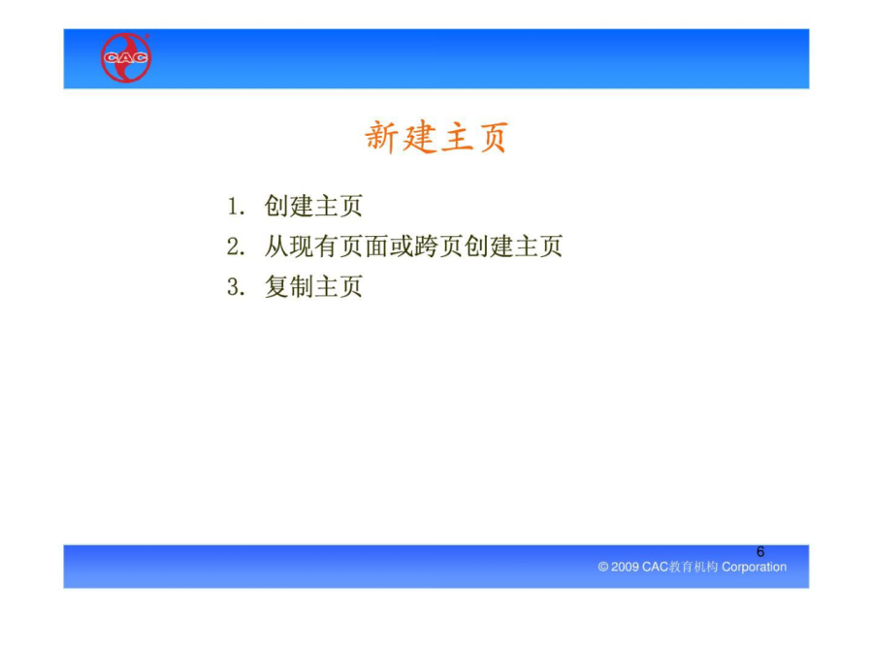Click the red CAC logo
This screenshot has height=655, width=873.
[126, 57]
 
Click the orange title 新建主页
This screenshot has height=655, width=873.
[436, 137]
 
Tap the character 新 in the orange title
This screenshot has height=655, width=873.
[381, 137]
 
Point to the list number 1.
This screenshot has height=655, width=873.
[236, 206]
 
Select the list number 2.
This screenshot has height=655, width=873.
[236, 246]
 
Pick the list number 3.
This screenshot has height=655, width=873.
[236, 287]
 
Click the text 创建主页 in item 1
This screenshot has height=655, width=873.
[313, 206]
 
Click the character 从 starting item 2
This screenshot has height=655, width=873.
[276, 246]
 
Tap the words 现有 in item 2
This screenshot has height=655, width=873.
[314, 246]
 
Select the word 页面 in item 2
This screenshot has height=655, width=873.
[364, 246]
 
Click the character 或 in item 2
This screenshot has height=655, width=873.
[401, 246]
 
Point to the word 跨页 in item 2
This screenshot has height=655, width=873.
[438, 246]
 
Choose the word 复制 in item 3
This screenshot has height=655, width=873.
[289, 287]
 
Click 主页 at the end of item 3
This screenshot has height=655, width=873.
[339, 287]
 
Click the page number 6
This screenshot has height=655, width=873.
[760, 551]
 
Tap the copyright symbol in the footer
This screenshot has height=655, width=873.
[603, 567]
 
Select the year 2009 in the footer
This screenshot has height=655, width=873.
[625, 567]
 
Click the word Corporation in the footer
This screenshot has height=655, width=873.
[754, 567]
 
